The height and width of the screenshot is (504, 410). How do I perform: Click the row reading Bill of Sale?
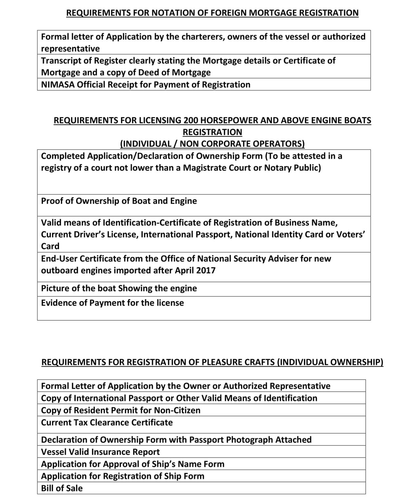point(62,488)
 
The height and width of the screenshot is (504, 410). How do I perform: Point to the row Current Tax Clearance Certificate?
point(107,422)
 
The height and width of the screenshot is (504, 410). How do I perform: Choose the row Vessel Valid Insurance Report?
point(100,452)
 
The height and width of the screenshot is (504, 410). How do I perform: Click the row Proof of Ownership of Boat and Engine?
point(119,201)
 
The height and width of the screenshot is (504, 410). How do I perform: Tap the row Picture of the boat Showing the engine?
point(119,288)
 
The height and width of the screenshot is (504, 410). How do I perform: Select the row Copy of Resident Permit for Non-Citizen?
point(121,410)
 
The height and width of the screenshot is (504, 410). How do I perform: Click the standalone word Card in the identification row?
point(50,246)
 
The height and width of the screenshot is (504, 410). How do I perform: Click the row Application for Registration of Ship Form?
point(123,476)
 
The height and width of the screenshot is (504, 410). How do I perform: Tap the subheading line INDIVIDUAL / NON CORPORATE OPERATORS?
point(212,144)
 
